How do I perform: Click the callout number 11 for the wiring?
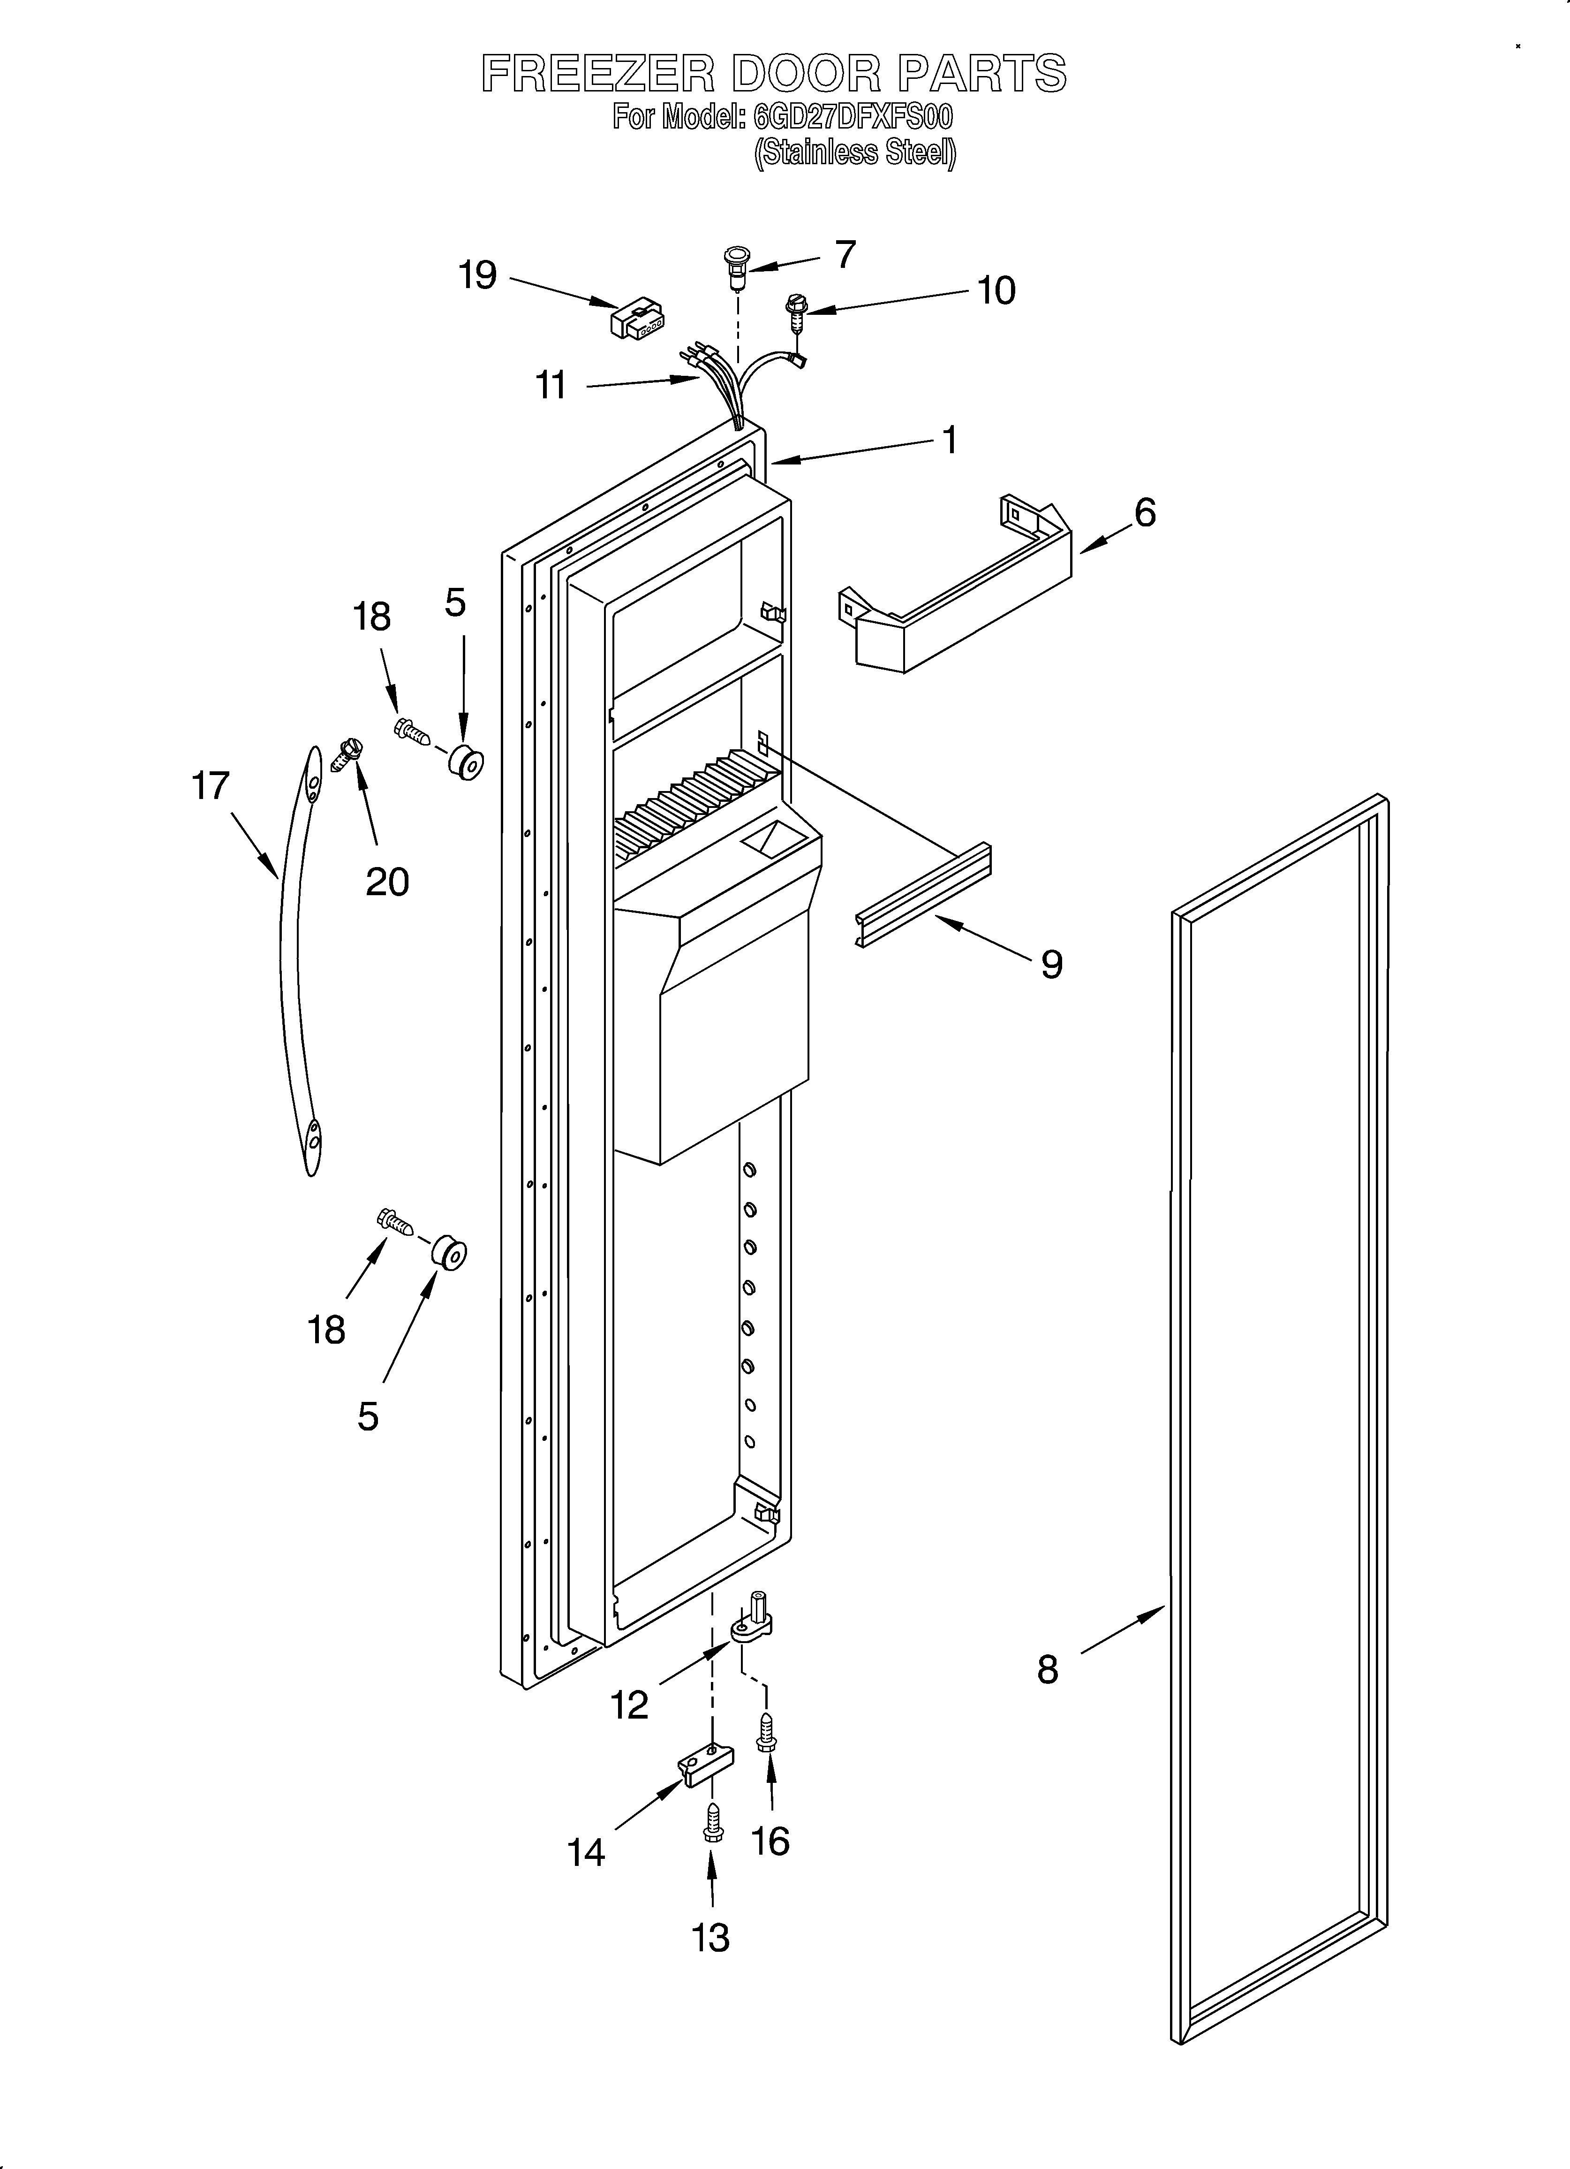point(551,385)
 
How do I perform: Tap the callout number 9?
point(1052,964)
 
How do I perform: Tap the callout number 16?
point(770,1840)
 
